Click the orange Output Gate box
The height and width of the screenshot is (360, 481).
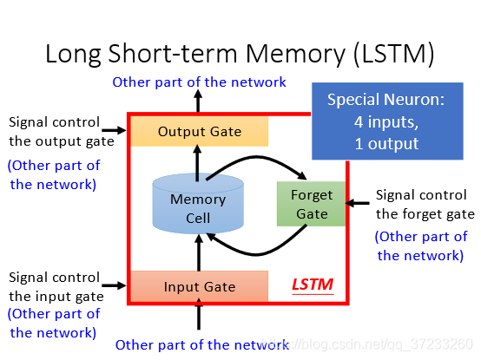(200, 131)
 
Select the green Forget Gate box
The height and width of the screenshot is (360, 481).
(311, 204)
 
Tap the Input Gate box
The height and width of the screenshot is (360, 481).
(200, 286)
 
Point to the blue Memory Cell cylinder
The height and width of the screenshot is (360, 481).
(198, 204)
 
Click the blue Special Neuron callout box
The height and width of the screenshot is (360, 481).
(387, 121)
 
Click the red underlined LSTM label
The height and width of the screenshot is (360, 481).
(313, 285)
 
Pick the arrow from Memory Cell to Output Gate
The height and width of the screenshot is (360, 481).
(197, 163)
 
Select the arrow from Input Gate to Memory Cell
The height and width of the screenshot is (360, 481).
(199, 252)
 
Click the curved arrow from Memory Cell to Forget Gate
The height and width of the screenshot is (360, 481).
(257, 157)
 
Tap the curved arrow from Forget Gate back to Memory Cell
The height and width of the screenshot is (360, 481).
(256, 254)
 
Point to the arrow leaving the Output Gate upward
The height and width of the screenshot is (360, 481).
(198, 101)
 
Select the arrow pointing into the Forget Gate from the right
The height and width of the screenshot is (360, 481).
(358, 203)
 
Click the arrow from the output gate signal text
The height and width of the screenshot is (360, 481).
(114, 130)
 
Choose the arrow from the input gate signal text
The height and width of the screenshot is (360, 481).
(114, 285)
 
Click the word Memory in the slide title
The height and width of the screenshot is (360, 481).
(295, 54)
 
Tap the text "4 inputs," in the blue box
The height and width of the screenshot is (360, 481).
(386, 122)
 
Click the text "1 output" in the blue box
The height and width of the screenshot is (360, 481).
(387, 144)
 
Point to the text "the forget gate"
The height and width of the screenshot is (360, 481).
(425, 214)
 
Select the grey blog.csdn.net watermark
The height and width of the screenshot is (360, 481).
(367, 344)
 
